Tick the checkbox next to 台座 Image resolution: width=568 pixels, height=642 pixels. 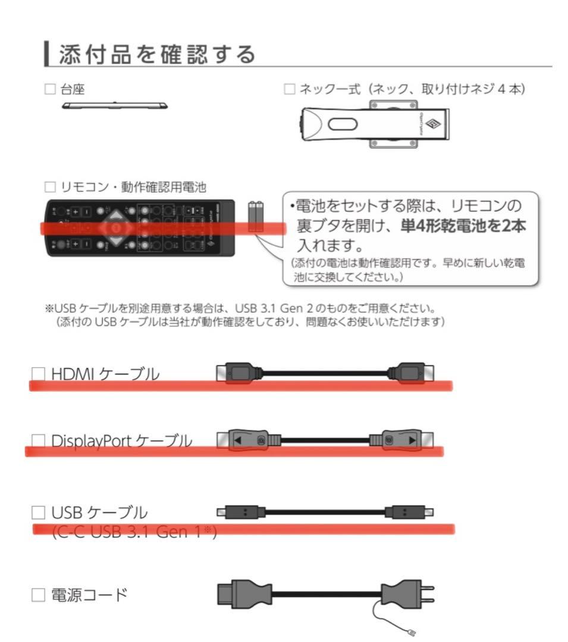click(51, 90)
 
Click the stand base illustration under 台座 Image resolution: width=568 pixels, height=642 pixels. click(114, 106)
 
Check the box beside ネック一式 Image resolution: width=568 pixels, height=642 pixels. click(289, 90)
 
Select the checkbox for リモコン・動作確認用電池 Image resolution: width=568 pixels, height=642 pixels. click(51, 188)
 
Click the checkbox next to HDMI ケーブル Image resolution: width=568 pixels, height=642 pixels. click(38, 374)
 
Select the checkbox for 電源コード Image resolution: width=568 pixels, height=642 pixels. click(38, 594)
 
